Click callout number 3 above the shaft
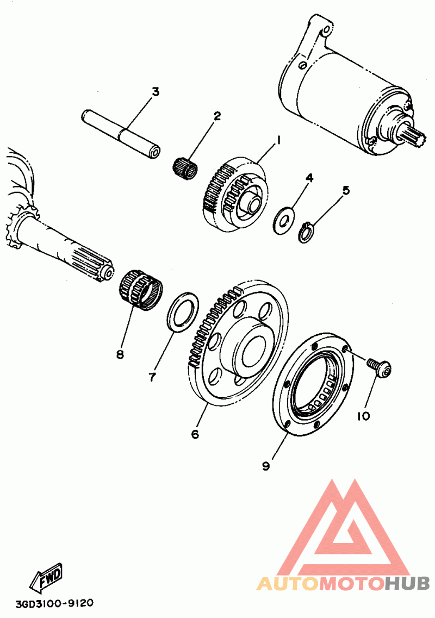click(156, 91)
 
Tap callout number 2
click(217, 116)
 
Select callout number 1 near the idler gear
click(278, 140)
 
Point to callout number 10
click(363, 416)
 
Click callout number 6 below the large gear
click(195, 434)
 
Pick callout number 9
click(266, 466)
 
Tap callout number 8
click(120, 354)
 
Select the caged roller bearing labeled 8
click(139, 289)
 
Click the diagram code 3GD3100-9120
click(54, 603)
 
